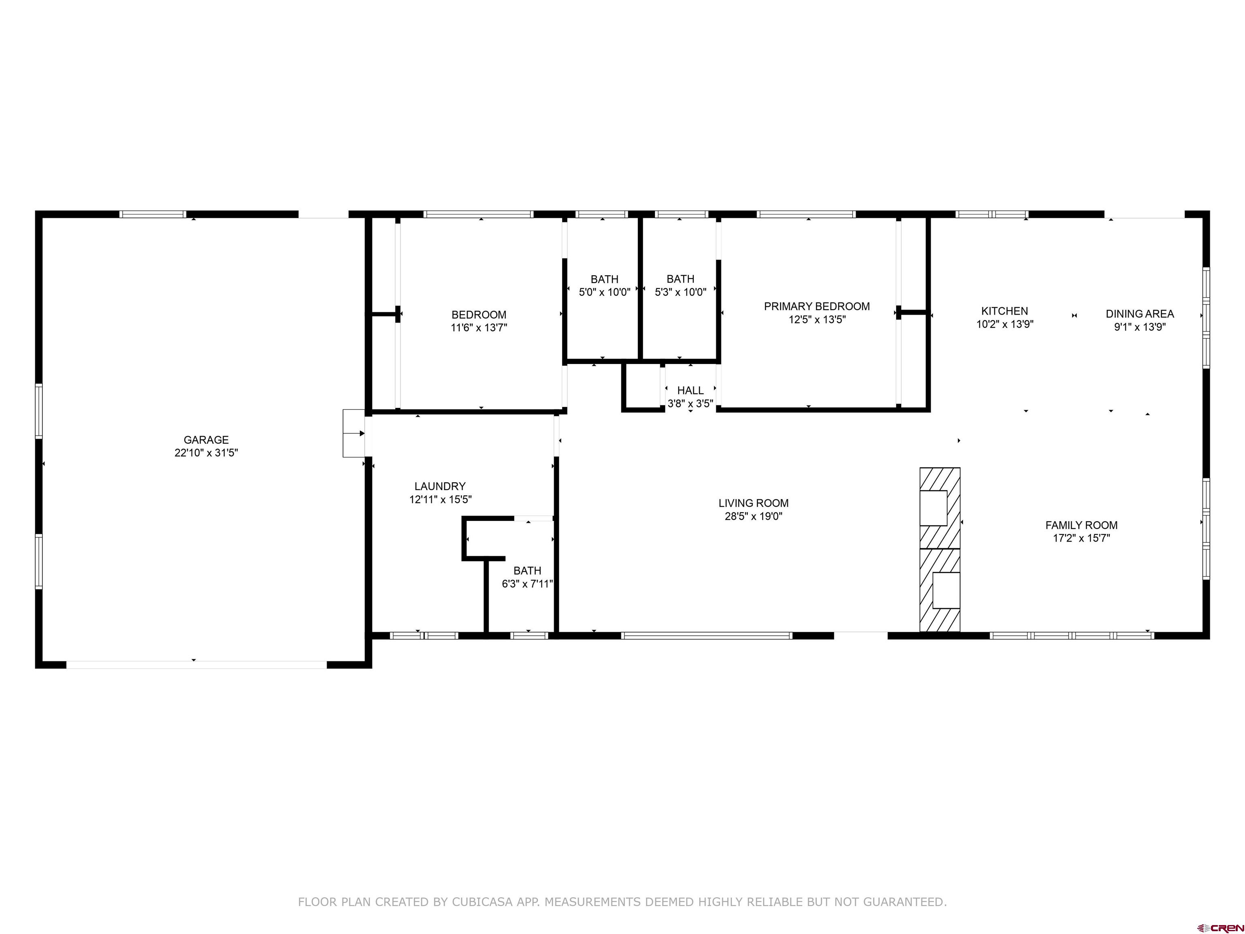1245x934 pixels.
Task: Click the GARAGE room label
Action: [206, 440]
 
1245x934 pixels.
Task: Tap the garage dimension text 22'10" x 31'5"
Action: [206, 453]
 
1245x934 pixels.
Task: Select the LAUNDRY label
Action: [440, 486]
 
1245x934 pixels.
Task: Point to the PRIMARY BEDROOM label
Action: [817, 306]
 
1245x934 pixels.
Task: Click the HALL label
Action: [690, 390]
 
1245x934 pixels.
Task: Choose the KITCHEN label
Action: [1005, 311]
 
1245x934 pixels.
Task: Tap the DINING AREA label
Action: [1140, 314]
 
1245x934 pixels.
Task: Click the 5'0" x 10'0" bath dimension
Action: [605, 292]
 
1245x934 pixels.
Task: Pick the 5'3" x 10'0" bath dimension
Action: [680, 292]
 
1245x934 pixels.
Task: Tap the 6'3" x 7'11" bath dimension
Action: [527, 584]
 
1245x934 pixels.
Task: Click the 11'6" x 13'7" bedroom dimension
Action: [479, 328]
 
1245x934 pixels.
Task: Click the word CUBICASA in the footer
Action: [482, 902]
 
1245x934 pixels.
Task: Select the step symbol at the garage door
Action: [353, 433]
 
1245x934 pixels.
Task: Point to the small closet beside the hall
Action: [643, 387]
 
